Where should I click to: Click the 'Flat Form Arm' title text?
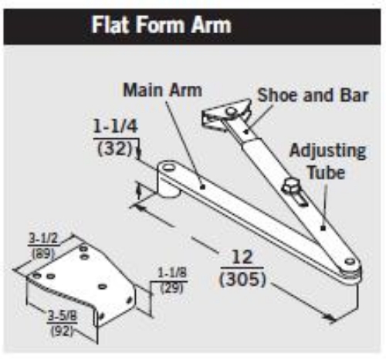tap(161, 25)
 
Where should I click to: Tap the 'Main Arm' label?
tap(162, 90)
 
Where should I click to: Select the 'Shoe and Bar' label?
tap(313, 95)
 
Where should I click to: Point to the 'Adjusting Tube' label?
tap(327, 161)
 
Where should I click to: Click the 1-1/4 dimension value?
tap(115, 127)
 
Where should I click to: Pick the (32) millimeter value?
tap(115, 149)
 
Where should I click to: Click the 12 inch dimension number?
tap(242, 257)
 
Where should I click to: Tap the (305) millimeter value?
tap(242, 280)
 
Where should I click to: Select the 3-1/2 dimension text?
tap(42, 238)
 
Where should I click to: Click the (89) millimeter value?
tap(43, 253)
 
